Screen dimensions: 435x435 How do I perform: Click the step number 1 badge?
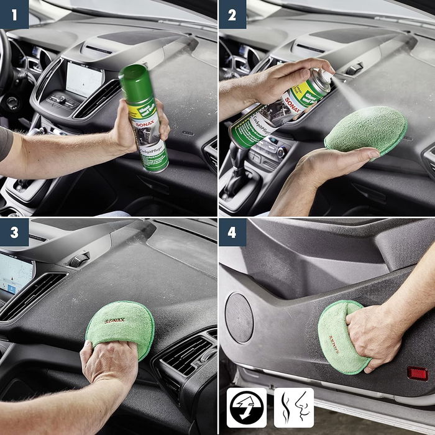point(14,14)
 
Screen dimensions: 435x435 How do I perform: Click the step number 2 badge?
point(233,14)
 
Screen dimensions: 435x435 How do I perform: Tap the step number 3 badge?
point(14,232)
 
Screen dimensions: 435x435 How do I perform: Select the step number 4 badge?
point(233,232)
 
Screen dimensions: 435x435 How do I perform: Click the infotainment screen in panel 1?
point(85,78)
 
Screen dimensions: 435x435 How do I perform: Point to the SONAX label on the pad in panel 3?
point(115,321)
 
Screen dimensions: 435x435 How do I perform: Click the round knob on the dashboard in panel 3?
point(78,260)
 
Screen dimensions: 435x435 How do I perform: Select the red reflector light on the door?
point(417,373)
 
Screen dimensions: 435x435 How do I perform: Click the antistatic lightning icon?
point(246,408)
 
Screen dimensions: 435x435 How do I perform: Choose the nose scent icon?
point(294,408)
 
